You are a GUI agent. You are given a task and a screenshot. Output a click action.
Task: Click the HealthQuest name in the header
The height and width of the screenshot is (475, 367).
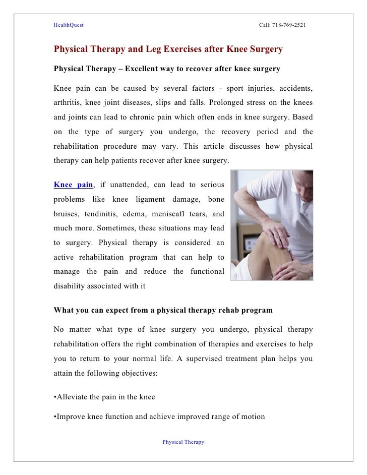pyautogui.click(x=69, y=25)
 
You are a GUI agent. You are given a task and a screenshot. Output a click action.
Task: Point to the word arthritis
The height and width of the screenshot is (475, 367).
pyautogui.click(x=68, y=103)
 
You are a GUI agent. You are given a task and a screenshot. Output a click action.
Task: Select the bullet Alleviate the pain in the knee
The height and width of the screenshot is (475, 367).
pyautogui.click(x=104, y=397)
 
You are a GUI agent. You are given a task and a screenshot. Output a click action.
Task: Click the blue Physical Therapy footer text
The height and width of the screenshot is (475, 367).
pyautogui.click(x=183, y=442)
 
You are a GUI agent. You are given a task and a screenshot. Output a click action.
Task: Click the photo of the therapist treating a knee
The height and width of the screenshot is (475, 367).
pyautogui.click(x=272, y=224)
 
